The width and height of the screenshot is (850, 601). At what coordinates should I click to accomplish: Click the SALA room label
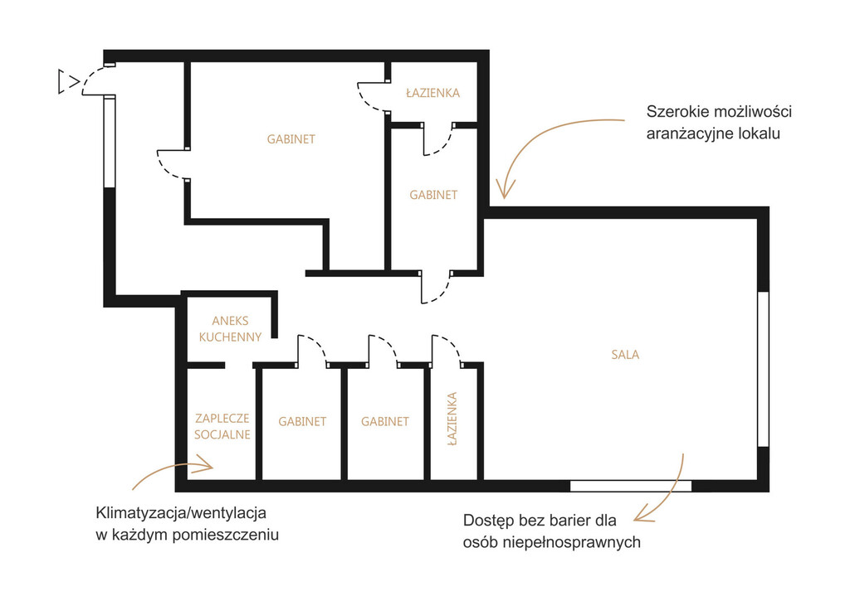click(x=625, y=355)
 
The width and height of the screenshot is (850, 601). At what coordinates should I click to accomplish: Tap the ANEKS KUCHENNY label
click(x=231, y=328)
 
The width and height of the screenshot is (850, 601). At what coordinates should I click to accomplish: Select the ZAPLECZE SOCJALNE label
click(x=222, y=426)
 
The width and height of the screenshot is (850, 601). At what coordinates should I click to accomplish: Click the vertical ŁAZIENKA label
click(x=452, y=419)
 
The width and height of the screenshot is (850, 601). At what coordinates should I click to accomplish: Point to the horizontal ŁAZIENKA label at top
click(x=432, y=93)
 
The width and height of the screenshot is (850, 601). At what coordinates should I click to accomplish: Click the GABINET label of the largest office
click(x=291, y=139)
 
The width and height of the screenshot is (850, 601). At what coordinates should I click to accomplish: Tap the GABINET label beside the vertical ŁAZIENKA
click(x=385, y=421)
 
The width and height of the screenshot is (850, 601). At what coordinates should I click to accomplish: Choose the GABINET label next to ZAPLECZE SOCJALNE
click(x=302, y=421)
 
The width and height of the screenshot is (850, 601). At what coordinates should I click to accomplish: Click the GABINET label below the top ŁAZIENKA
click(x=433, y=195)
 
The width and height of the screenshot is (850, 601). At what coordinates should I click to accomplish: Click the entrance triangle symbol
click(x=67, y=82)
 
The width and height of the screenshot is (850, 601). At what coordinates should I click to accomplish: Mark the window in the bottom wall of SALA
click(x=631, y=486)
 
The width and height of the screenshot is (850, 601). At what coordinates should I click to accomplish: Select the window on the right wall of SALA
click(x=763, y=369)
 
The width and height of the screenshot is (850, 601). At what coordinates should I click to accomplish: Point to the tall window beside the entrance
click(x=110, y=142)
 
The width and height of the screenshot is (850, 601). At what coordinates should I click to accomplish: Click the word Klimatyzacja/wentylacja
click(x=181, y=512)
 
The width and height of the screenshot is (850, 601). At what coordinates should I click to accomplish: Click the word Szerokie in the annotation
click(x=677, y=112)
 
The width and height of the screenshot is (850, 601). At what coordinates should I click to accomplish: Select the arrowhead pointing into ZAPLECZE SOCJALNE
click(x=204, y=464)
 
